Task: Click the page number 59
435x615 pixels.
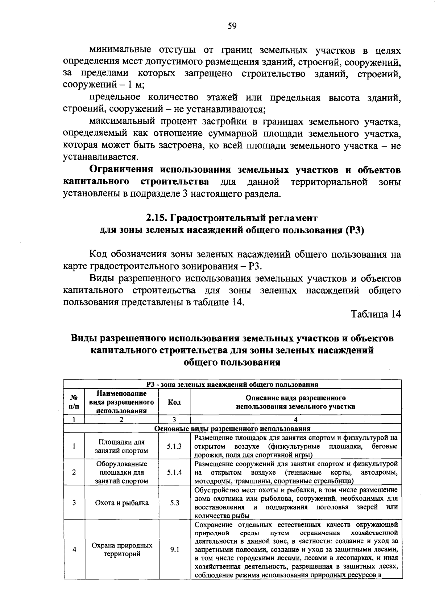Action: tap(232, 26)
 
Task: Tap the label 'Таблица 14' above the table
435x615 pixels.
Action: tap(376, 314)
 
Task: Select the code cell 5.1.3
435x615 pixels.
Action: tap(174, 447)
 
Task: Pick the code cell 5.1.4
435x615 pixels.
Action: tap(174, 473)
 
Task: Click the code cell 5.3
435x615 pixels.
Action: tap(174, 503)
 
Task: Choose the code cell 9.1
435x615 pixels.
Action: tap(174, 550)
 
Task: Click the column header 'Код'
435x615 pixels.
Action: tap(174, 402)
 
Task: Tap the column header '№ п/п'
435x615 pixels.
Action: tap(74, 402)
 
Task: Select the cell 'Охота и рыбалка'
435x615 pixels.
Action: tap(121, 503)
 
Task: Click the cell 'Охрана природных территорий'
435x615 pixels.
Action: tap(121, 550)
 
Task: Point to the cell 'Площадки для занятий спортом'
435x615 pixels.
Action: tap(121, 447)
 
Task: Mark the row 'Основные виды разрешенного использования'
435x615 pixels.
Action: tap(232, 429)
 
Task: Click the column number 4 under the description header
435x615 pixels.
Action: tap(295, 420)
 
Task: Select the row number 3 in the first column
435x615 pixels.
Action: tap(74, 503)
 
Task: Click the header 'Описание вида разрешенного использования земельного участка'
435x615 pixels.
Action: tap(295, 402)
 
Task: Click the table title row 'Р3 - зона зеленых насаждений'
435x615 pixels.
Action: tap(232, 385)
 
